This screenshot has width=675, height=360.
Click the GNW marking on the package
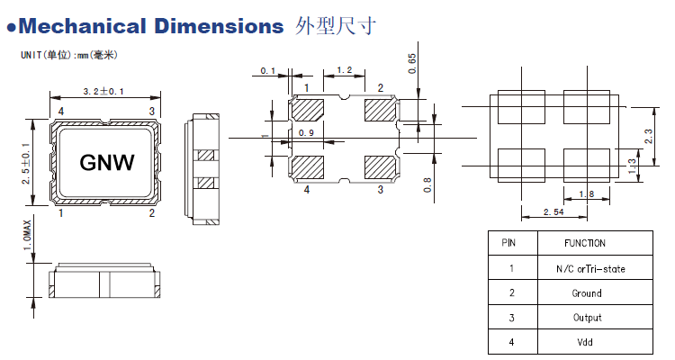click(107, 162)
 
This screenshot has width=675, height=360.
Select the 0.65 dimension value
click(412, 63)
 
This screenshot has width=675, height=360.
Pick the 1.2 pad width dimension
click(344, 70)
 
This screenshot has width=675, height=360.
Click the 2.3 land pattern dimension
click(649, 134)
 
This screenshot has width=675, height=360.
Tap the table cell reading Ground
click(586, 293)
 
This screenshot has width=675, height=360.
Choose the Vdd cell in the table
click(586, 342)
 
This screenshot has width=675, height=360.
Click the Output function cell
click(586, 318)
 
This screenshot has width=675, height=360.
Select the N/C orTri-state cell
click(586, 268)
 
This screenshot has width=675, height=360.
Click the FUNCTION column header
click(585, 243)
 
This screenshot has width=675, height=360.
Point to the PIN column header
click(509, 243)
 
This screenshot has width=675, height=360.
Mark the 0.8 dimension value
click(426, 184)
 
